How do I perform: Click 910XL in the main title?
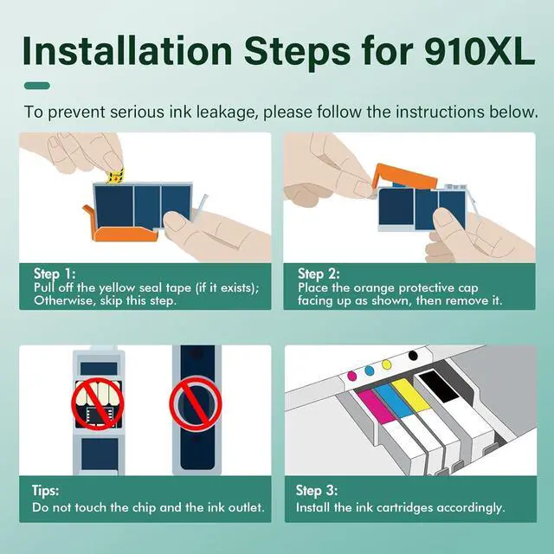480,51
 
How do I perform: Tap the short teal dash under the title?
37,86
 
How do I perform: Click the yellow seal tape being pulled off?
115,176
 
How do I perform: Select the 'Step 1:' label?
55,274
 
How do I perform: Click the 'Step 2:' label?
319,274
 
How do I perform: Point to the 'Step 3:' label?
317,491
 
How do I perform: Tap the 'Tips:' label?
46,491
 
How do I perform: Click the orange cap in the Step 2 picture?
405,176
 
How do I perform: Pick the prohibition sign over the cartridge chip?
98,404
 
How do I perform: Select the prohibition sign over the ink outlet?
196,404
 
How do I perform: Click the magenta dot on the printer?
352,375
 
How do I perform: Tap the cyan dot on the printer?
370,370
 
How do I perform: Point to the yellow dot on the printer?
387,364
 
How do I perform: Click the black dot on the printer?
413,356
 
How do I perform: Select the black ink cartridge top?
439,386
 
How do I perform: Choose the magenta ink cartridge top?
376,406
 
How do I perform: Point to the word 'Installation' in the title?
127,51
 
